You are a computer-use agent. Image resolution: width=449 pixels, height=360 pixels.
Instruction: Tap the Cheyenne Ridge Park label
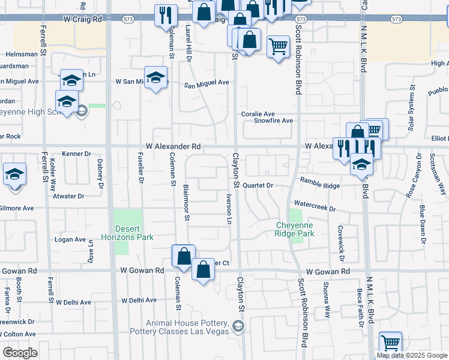(295, 229)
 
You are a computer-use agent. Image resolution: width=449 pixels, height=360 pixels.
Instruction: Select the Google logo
(20, 353)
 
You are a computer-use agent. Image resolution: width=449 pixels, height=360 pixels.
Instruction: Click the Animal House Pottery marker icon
(238, 326)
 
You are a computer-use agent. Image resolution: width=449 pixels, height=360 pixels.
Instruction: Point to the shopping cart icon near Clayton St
(278, 46)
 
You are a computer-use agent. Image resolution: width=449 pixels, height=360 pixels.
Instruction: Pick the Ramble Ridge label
(320, 186)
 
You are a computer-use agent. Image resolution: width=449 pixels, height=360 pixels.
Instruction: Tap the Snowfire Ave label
(273, 121)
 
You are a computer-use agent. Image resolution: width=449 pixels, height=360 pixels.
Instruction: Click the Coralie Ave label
(258, 113)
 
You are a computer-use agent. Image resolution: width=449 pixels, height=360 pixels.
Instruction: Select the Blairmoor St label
(187, 203)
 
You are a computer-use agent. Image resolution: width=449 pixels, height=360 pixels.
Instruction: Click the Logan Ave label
(71, 239)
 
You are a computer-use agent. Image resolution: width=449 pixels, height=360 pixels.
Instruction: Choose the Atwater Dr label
(68, 196)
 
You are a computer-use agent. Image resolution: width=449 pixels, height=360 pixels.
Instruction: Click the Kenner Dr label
(76, 154)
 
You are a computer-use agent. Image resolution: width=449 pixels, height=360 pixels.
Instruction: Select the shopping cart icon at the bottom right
(391, 343)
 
